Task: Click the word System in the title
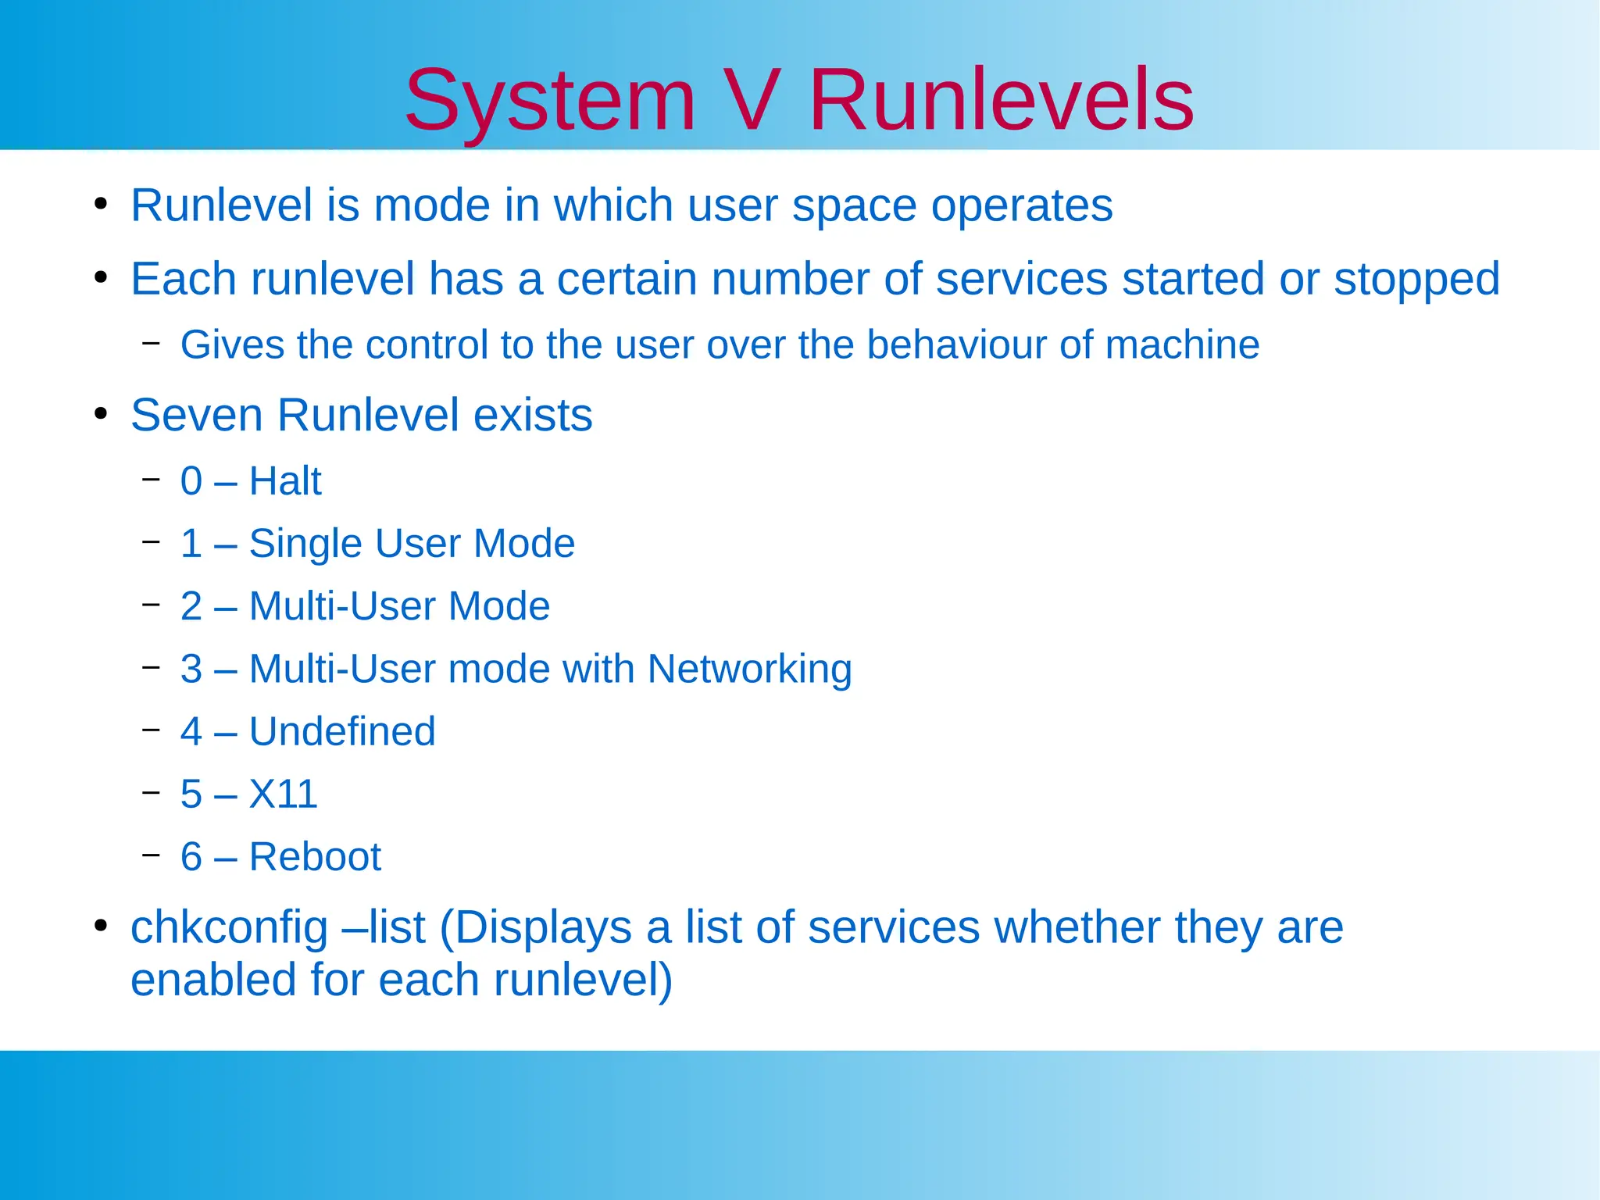[550, 102]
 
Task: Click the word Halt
[285, 481]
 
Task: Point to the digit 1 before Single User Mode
[191, 544]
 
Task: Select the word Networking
[749, 670]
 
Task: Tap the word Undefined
[342, 732]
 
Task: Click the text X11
[283, 795]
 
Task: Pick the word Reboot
[315, 857]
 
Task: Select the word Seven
[197, 415]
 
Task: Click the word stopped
[1416, 280]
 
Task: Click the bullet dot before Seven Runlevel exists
[100, 414]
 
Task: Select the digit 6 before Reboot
[191, 857]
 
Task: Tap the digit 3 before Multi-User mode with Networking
[191, 670]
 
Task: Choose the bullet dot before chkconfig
[100, 927]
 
